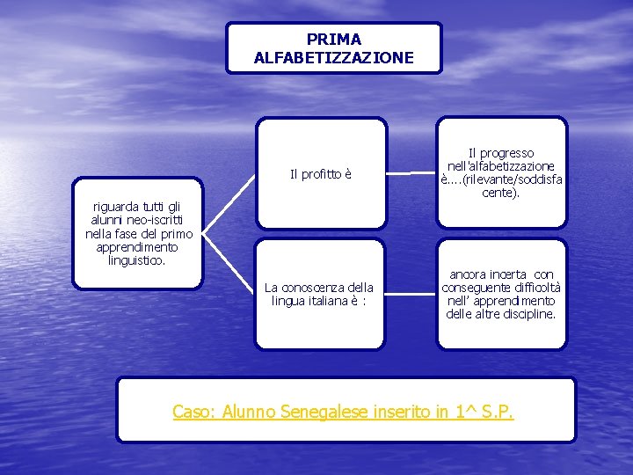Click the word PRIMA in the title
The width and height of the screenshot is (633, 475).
pyautogui.click(x=334, y=40)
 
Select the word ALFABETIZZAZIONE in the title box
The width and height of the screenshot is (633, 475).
pyautogui.click(x=334, y=58)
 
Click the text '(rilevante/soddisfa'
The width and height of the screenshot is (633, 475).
pyautogui.click(x=510, y=179)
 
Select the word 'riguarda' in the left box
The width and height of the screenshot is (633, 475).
pyautogui.click(x=117, y=208)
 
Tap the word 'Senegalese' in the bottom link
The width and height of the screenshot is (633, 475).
pyautogui.click(x=317, y=411)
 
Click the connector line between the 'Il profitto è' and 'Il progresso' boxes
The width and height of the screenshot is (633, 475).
pyautogui.click(x=412, y=173)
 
